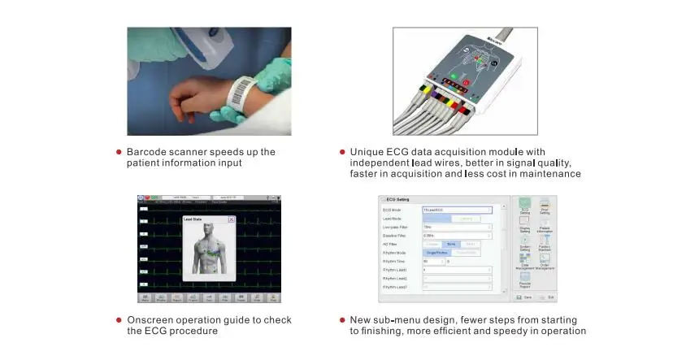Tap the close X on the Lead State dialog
pyautogui.click(x=231, y=219)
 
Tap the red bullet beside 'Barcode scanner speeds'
pyautogui.click(x=118, y=152)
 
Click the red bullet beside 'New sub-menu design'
pyautogui.click(x=341, y=320)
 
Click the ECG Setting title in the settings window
pyautogui.click(x=397, y=199)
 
